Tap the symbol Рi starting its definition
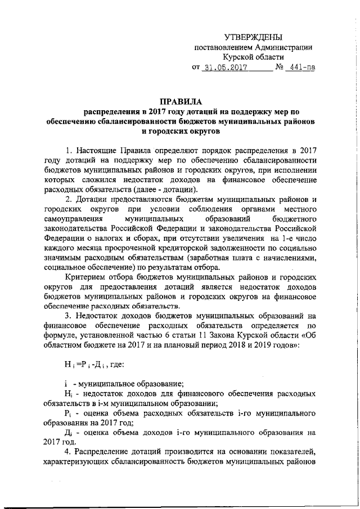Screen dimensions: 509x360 tap(69, 413)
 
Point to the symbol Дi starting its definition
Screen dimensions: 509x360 tap(69, 434)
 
